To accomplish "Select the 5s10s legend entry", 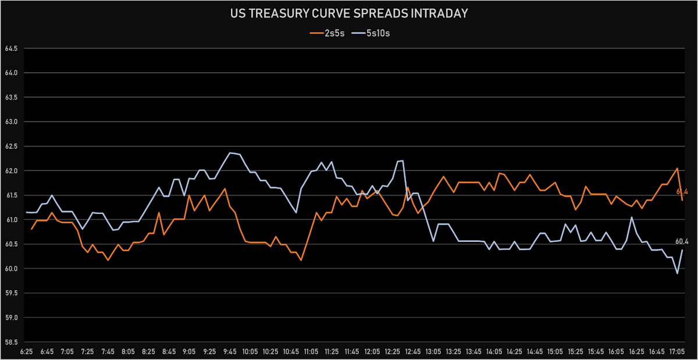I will (372, 33).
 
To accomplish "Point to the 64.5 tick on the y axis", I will (10, 48).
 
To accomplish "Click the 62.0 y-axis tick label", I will (10, 171).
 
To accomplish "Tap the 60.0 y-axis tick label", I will (10, 269).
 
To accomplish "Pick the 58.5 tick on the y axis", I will (10, 343).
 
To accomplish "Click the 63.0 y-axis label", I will (10, 122).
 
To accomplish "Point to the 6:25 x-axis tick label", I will (27, 352).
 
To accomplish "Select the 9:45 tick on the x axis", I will (230, 352).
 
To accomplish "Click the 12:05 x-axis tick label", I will (372, 352).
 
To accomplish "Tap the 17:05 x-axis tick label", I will (677, 352).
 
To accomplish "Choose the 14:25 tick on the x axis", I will (514, 352).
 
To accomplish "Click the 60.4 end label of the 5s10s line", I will (682, 241).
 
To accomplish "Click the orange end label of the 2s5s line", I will (682, 191).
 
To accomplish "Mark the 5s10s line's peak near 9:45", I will (230, 153).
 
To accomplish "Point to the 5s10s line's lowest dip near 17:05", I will (677, 273).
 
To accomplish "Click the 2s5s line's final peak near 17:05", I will (677, 168).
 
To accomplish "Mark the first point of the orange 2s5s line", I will (32, 229).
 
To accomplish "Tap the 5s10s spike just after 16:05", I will (632, 217).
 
